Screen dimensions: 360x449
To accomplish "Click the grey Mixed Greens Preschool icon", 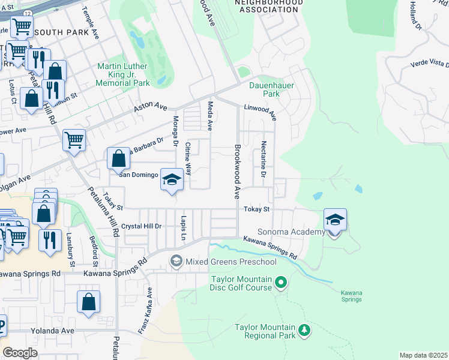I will (176, 261).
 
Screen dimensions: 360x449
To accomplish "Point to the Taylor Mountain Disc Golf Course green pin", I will (280, 281).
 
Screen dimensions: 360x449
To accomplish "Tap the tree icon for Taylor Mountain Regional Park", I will (304, 330).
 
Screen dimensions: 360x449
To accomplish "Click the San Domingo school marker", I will (172, 180).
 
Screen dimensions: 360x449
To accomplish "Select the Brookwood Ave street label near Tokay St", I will (237, 172).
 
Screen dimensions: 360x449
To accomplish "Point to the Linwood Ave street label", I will (259, 112).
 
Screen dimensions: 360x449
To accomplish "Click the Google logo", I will (20, 352).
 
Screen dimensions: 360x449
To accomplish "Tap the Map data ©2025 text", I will (423, 355).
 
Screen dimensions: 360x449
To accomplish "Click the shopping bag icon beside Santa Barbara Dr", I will (119, 159).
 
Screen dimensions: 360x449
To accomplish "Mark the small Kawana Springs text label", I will (351, 296).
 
